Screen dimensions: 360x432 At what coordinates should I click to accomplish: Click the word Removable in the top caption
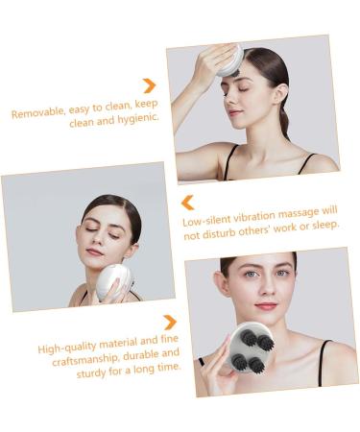38,112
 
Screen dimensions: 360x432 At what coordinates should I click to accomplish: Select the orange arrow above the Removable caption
150,85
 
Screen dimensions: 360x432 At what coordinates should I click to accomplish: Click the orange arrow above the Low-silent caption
188,203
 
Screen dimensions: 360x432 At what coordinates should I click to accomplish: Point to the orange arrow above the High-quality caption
170,323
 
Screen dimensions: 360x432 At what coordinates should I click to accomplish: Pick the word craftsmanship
84,360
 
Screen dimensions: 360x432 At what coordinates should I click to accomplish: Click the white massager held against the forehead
229,60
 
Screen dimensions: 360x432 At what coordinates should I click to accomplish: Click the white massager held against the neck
113,281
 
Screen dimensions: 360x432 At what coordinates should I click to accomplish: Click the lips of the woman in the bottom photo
266,305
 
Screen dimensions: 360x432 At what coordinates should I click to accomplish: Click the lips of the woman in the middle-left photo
94,252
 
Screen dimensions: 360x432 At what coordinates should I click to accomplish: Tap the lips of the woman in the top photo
233,112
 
